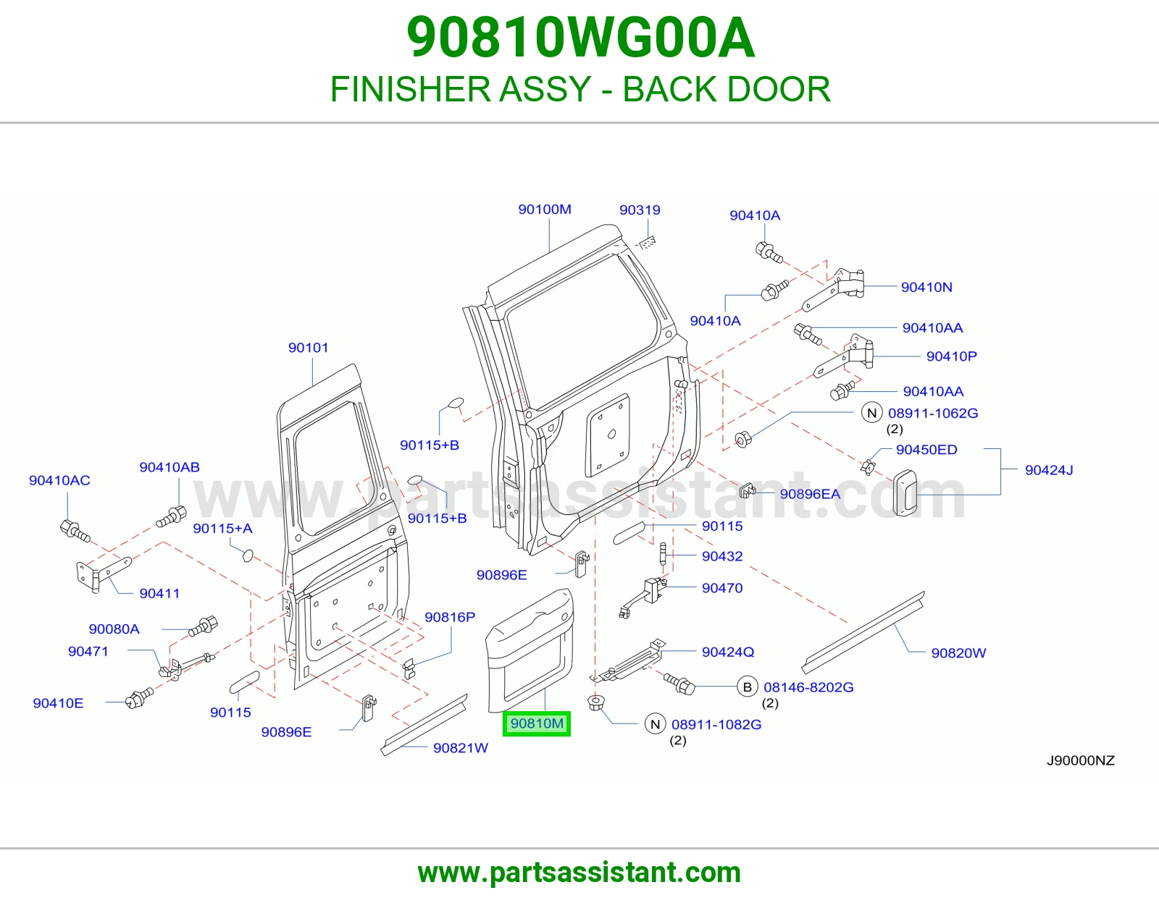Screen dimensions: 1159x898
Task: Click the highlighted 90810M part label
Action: coord(537,723)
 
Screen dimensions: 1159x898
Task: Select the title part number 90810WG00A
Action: coord(580,38)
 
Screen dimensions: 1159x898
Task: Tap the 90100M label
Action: coord(545,209)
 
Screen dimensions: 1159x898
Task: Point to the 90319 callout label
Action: coord(640,209)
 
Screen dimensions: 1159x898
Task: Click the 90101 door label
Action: coord(309,348)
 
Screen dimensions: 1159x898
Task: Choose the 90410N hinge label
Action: coord(926,287)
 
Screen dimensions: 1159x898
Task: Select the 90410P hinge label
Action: coord(952,356)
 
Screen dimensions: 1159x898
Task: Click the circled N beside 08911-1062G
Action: coord(871,413)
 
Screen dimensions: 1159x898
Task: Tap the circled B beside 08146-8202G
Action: coord(748,687)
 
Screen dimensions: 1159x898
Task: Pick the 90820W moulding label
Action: coord(958,652)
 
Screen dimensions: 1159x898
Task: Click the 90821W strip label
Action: coord(460,747)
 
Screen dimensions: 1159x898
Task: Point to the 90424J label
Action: coord(1049,470)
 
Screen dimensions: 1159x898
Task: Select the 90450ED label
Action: coord(926,450)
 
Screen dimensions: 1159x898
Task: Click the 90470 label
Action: coord(722,587)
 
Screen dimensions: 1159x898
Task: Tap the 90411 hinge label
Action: coord(159,593)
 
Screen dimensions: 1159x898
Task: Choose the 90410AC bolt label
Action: coord(59,480)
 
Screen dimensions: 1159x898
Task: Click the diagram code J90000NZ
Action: coord(1081,760)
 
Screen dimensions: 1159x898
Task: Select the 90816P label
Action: coord(450,617)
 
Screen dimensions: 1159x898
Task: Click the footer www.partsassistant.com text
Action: coord(579,873)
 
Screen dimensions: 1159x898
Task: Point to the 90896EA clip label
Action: coord(810,494)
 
